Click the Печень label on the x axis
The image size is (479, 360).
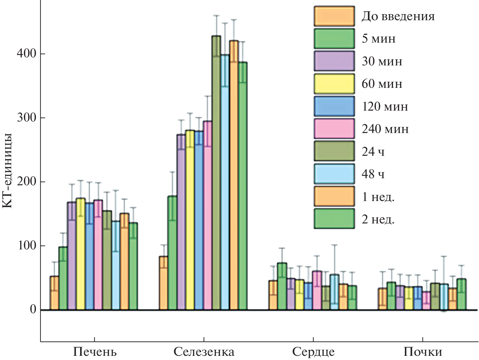pos(95,352)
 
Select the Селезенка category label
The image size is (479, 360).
pos(204,352)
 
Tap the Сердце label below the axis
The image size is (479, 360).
pos(313,352)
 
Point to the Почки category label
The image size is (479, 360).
pos(423,352)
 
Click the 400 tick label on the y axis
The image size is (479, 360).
pos(26,54)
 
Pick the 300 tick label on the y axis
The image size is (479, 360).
pos(26,118)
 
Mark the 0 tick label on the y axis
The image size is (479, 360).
pos(33,309)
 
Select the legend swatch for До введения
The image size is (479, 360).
pos(334,16)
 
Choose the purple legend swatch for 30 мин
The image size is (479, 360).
pos(334,61)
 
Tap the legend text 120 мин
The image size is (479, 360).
pos(385,106)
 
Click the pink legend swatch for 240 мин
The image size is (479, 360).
pos(334,129)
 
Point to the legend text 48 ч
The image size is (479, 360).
pos(373,174)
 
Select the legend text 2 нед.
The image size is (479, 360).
pos(378,219)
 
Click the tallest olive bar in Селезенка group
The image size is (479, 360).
pos(216,173)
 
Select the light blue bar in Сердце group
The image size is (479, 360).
pos(334,292)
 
